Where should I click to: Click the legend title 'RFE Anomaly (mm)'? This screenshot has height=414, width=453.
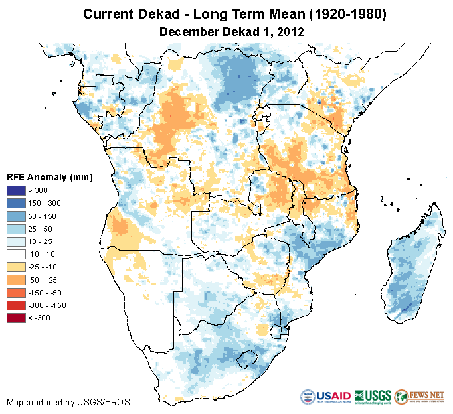pyautogui.click(x=50, y=178)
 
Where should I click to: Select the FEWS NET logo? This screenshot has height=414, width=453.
pyautogui.click(x=419, y=397)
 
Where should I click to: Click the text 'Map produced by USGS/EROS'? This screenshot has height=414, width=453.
pyautogui.click(x=68, y=402)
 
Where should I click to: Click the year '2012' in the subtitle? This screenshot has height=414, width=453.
pyautogui.click(x=290, y=31)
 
